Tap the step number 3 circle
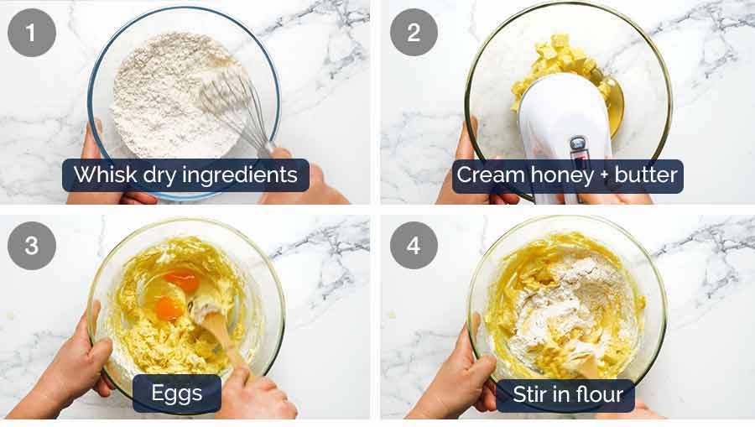click(x=32, y=246)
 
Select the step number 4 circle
click(x=414, y=246)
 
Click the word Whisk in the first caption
click(x=98, y=175)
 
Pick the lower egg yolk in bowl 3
click(x=169, y=308)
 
